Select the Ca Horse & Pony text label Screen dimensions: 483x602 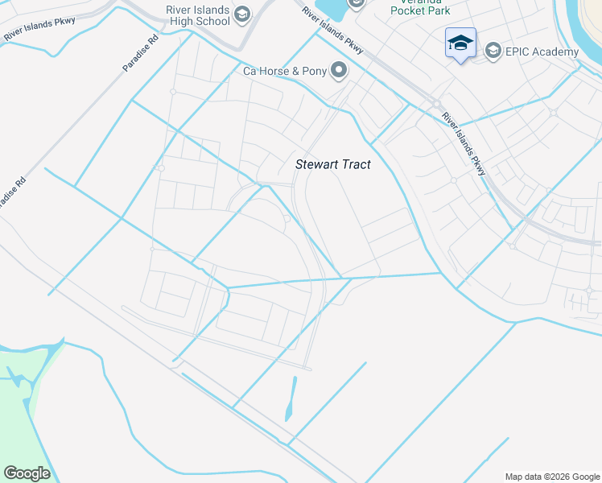[x=285, y=72]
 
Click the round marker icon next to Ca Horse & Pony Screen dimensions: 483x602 [x=339, y=72]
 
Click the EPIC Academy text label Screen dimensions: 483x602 [x=542, y=52]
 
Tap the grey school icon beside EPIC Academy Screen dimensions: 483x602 [x=493, y=52]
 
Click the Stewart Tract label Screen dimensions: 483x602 [x=333, y=164]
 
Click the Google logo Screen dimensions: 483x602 [x=27, y=473]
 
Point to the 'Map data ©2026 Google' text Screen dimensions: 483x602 [x=552, y=477]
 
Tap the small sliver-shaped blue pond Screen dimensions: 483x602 [x=291, y=399]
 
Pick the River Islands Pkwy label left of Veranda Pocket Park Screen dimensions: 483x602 [x=333, y=31]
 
